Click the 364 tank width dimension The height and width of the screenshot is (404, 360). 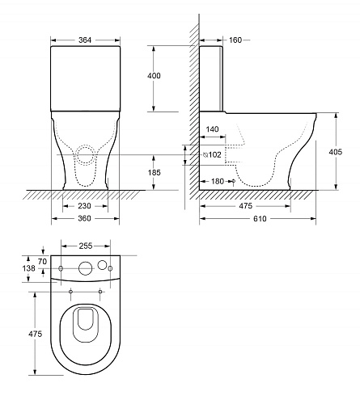85,40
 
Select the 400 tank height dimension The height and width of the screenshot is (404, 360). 154,76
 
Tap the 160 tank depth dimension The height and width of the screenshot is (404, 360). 235,40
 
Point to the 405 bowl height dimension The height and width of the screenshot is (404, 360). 336,152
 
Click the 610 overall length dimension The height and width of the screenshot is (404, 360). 260,219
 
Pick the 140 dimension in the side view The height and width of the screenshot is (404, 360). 212,129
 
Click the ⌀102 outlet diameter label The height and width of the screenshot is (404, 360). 212,154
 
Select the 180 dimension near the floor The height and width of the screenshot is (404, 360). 218,181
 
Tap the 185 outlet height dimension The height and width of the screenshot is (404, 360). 155,172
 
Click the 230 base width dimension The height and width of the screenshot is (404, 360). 84,206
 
